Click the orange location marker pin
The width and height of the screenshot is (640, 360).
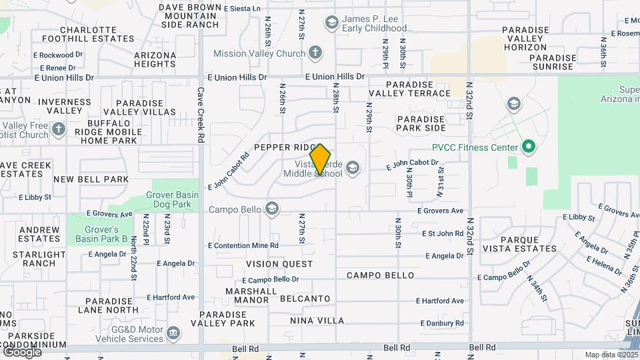point(320,159)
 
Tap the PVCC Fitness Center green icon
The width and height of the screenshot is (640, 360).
point(528,147)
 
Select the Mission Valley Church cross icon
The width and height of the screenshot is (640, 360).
point(315,53)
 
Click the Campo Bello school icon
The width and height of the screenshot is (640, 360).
point(271,209)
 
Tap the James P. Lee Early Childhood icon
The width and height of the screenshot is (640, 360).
point(331,23)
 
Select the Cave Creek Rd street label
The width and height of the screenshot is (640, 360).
point(201,117)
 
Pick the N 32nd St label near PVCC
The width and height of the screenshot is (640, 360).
point(469,101)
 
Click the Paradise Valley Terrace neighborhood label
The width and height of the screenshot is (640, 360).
point(418,89)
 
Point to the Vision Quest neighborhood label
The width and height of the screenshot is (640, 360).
point(279,264)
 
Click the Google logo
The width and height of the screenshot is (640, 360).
point(22,351)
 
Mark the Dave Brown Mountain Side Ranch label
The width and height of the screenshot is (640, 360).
point(190,16)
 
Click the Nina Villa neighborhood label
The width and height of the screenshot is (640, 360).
point(316,321)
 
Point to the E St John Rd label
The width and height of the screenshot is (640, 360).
point(443,233)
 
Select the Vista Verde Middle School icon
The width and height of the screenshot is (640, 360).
point(352,169)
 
